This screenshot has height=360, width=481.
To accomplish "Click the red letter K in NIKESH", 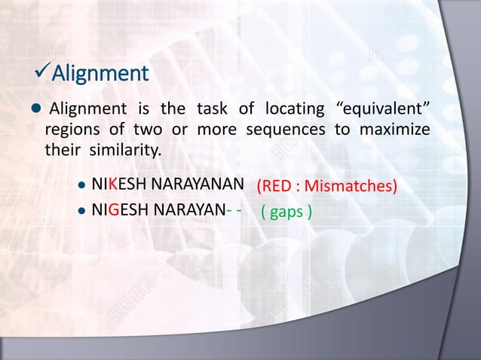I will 112,183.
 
